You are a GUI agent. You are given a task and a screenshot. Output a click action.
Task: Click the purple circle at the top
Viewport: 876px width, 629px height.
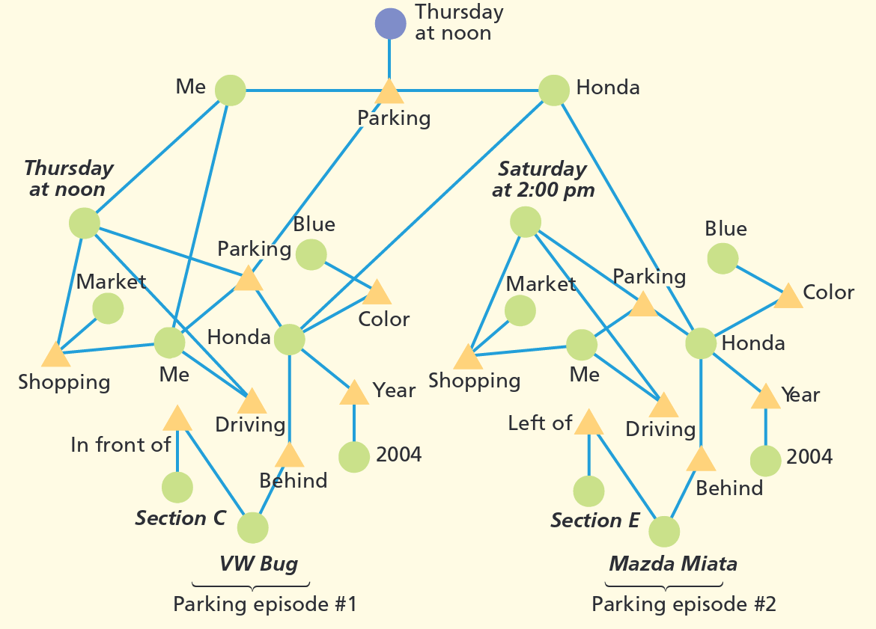point(390,23)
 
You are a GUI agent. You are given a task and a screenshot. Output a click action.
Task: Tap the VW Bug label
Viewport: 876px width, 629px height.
point(258,563)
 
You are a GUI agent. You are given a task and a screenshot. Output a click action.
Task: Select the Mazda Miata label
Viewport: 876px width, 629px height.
point(673,564)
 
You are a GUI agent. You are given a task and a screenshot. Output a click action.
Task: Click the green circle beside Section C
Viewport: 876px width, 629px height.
point(177,488)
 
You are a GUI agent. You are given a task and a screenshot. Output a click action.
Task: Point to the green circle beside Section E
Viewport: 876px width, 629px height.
point(588,491)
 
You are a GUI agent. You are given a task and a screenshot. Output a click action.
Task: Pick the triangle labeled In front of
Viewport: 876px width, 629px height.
point(177,419)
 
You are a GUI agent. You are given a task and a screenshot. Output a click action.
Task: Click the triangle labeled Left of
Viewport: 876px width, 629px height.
point(588,423)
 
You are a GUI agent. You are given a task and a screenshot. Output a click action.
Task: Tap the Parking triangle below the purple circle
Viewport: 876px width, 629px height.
point(389,92)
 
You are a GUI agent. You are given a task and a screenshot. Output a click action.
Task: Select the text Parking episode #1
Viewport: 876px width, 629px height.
point(265,604)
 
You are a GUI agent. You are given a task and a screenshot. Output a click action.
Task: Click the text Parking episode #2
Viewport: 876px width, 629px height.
point(684,604)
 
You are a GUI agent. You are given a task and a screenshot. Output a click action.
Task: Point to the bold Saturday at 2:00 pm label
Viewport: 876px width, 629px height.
point(543,180)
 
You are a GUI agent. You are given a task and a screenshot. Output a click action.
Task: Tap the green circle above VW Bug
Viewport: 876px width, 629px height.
point(252,527)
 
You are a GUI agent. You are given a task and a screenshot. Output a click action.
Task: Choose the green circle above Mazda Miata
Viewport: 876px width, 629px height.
point(664,532)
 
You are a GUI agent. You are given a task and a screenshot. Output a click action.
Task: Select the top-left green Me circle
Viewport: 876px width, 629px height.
point(231,90)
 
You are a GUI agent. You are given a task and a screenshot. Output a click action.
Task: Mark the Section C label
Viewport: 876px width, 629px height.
point(180,518)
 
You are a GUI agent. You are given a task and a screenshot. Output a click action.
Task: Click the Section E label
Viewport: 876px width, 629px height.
point(595,521)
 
